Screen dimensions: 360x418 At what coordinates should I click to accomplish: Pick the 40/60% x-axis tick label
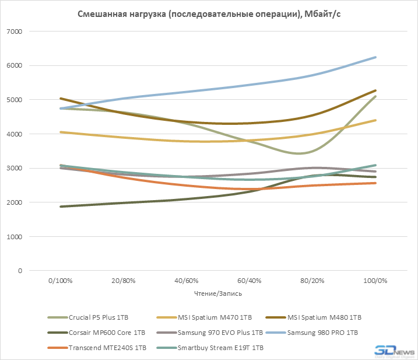click(186, 281)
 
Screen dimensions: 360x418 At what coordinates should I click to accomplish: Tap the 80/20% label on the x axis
click(311, 281)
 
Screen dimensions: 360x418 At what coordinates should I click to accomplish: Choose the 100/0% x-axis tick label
click(374, 281)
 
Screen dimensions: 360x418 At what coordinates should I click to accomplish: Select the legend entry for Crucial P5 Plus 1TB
click(98, 317)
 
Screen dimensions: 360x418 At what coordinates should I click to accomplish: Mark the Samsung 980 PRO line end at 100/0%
click(375, 57)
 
